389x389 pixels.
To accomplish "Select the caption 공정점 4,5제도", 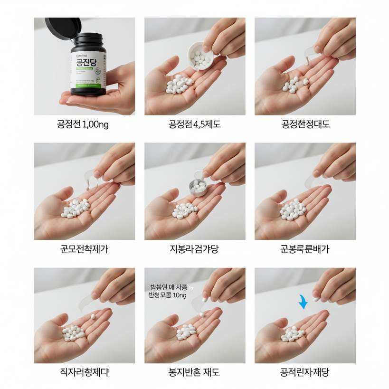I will [x=195, y=125].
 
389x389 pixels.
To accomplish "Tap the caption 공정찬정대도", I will [x=305, y=125].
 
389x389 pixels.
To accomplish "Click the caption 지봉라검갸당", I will [x=195, y=249].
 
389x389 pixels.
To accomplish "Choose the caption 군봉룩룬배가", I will [x=305, y=249].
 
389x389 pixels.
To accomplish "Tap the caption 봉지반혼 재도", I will [x=195, y=372].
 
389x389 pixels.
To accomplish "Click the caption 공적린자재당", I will [x=305, y=372].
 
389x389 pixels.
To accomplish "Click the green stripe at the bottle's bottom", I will [x=86, y=85].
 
